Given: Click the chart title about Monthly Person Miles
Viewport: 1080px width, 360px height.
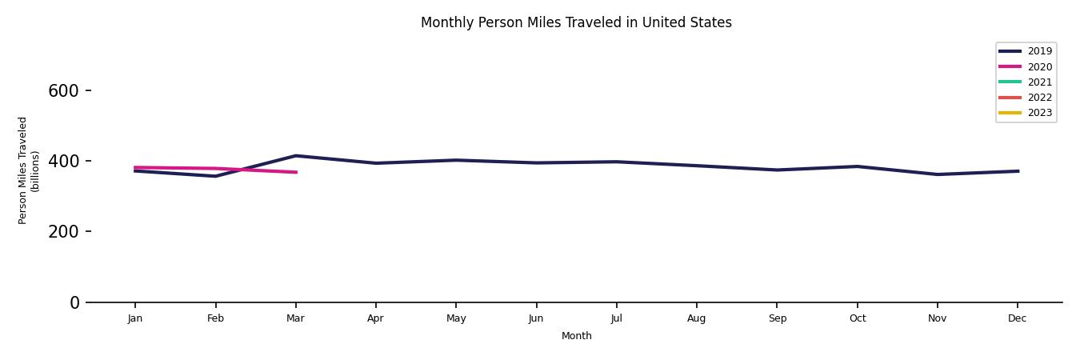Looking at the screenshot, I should (576, 22).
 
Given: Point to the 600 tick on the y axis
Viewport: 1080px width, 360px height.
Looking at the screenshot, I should (63, 91).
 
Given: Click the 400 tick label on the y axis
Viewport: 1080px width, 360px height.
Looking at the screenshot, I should (63, 162).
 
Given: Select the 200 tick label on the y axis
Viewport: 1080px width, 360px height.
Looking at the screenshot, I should (63, 232).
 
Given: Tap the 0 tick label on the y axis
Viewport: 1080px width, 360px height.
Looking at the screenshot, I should (74, 302).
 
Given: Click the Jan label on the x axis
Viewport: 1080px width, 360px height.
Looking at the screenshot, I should (135, 318).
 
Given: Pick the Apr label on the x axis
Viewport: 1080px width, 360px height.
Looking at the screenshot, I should (375, 318).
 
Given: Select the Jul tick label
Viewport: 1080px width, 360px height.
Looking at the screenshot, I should (616, 318).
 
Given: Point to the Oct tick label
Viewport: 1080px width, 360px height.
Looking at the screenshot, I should (857, 318).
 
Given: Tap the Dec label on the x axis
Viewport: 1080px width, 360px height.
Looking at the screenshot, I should (1017, 318).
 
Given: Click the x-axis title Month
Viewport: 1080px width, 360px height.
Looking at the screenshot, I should (576, 336).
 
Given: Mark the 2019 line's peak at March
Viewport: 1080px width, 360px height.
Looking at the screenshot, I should (296, 156).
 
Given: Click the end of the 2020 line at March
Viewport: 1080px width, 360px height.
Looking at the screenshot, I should (296, 172).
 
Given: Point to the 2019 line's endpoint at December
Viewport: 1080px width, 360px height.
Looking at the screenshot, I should (1018, 171).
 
